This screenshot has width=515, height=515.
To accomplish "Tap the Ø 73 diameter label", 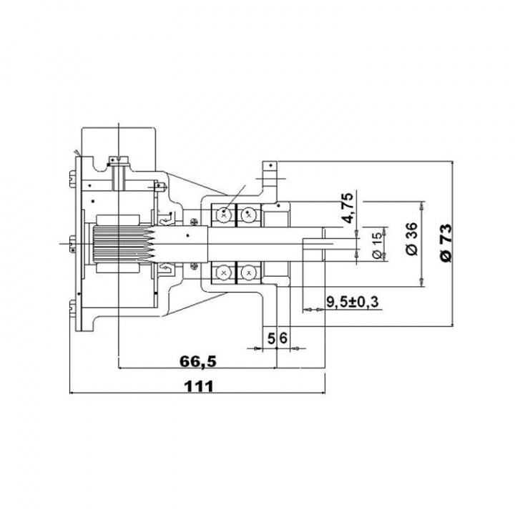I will [444, 243].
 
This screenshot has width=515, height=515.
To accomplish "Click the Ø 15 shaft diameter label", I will [376, 243].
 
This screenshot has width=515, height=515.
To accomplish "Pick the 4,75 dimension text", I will [348, 207].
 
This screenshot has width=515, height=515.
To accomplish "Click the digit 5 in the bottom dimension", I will [271, 336].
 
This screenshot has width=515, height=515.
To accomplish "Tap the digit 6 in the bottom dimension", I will [283, 336].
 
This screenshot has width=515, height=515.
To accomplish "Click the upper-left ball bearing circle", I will [225, 212].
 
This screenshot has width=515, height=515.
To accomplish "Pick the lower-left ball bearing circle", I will [225, 273].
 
